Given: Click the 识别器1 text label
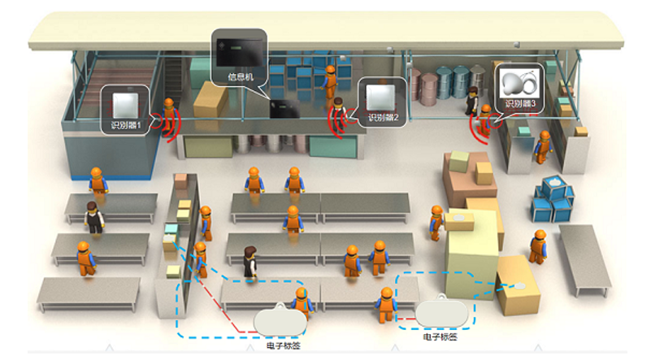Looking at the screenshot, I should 127,125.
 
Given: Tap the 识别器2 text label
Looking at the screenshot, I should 384,118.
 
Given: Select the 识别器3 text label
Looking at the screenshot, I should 521,103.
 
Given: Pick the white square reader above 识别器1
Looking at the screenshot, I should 126,103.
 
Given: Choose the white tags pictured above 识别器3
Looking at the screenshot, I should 521,81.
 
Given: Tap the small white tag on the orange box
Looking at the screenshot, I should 518,285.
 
